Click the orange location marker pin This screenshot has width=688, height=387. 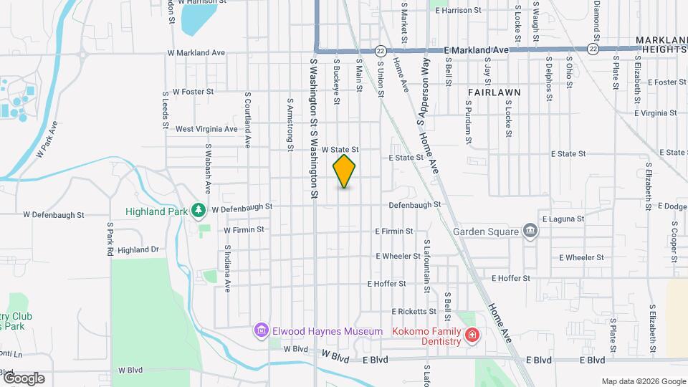coord(344,171)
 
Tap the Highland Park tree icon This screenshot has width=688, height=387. coord(198,211)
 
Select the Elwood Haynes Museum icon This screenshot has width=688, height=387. coord(261,330)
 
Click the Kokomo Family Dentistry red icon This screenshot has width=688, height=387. coord(472,335)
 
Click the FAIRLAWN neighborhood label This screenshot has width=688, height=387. coord(494,92)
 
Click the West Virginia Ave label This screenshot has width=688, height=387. coord(206,129)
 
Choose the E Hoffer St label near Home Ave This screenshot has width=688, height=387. coord(510,278)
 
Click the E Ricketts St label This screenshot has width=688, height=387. coord(414,311)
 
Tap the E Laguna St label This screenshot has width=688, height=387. coord(563,219)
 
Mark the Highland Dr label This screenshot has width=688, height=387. coord(138,250)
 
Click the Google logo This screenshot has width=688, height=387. coord(23,378)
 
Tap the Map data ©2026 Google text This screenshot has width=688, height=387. coord(643,381)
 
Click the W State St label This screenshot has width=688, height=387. coord(339,149)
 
